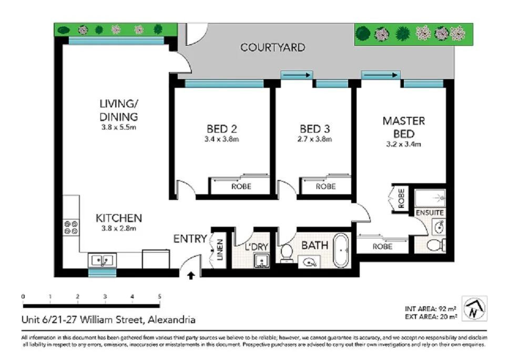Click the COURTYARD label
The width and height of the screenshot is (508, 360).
(272, 47)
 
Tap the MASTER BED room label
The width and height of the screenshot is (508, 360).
(403, 127)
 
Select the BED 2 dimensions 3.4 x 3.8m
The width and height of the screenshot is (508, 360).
(221, 139)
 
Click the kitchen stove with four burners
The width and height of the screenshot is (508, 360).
(71, 227)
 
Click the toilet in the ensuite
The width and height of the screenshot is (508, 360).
(435, 245)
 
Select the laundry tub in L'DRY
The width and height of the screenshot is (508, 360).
(260, 259)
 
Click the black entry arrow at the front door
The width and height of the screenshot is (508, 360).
(190, 274)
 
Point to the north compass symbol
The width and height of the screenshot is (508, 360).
(475, 308)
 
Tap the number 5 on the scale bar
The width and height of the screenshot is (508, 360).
(159, 297)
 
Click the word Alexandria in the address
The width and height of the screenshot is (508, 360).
(172, 319)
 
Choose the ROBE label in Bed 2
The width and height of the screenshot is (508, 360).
(241, 186)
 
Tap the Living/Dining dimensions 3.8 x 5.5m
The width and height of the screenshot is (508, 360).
(118, 127)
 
